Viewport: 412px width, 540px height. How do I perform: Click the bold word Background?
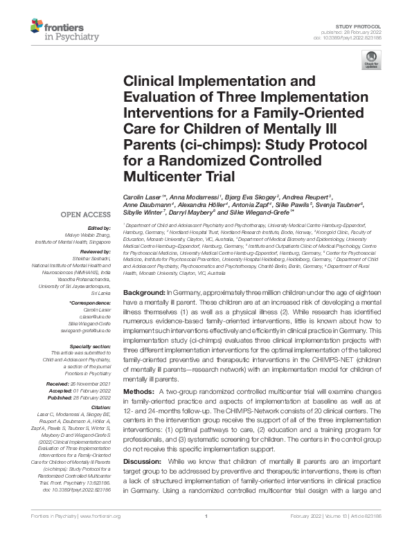click(145, 294)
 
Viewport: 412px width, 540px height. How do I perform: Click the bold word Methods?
click(139, 392)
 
